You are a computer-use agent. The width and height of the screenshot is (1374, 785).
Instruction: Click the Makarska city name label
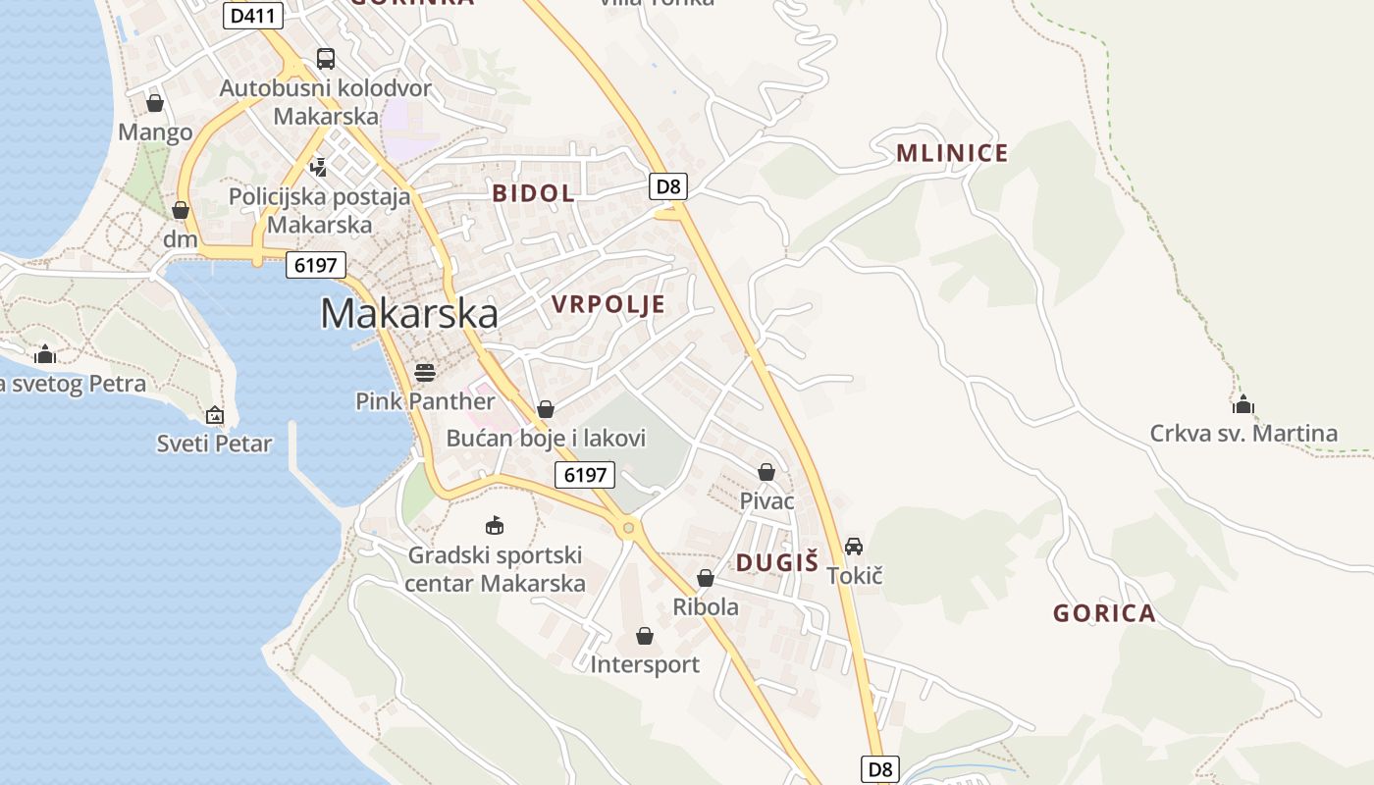(409, 313)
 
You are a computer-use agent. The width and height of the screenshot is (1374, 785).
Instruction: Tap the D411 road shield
(253, 16)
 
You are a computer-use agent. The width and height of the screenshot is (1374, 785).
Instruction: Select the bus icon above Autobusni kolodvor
(325, 59)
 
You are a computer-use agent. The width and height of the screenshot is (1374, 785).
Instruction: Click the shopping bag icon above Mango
(155, 103)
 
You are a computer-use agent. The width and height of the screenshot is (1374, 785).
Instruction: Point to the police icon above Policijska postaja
(318, 167)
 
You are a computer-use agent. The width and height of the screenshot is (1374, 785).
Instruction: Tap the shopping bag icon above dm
(180, 210)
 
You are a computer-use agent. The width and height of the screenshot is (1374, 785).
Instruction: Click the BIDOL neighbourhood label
(533, 193)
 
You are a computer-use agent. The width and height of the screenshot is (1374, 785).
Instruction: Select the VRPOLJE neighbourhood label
(608, 304)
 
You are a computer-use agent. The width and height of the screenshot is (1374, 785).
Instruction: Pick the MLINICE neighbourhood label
(952, 153)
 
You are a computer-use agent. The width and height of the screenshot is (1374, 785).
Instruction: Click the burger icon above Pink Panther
(425, 372)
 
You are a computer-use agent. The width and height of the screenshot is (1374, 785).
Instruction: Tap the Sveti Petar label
(215, 444)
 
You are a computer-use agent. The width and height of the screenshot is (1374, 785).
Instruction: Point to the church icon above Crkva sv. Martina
(1243, 404)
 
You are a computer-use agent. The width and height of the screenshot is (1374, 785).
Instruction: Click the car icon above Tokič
(854, 547)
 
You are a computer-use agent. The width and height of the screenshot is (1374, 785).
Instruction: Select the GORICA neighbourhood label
(1104, 614)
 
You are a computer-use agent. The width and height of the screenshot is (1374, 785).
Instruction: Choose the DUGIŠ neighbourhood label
(777, 562)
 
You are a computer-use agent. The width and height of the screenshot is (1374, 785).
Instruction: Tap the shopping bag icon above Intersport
(645, 637)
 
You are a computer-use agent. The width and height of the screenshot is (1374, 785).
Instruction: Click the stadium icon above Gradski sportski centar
(495, 526)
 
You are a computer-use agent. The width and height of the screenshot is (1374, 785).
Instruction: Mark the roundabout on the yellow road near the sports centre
(628, 528)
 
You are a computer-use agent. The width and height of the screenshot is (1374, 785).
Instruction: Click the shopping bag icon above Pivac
(766, 473)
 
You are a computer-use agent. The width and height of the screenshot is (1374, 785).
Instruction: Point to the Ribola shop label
(706, 606)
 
